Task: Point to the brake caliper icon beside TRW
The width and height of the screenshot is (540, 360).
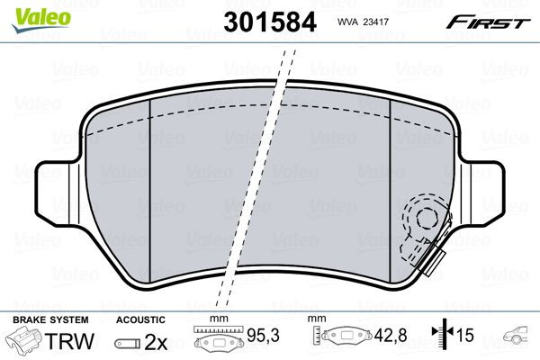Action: [x=24, y=341]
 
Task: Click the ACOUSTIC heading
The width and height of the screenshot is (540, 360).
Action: [x=140, y=319]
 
